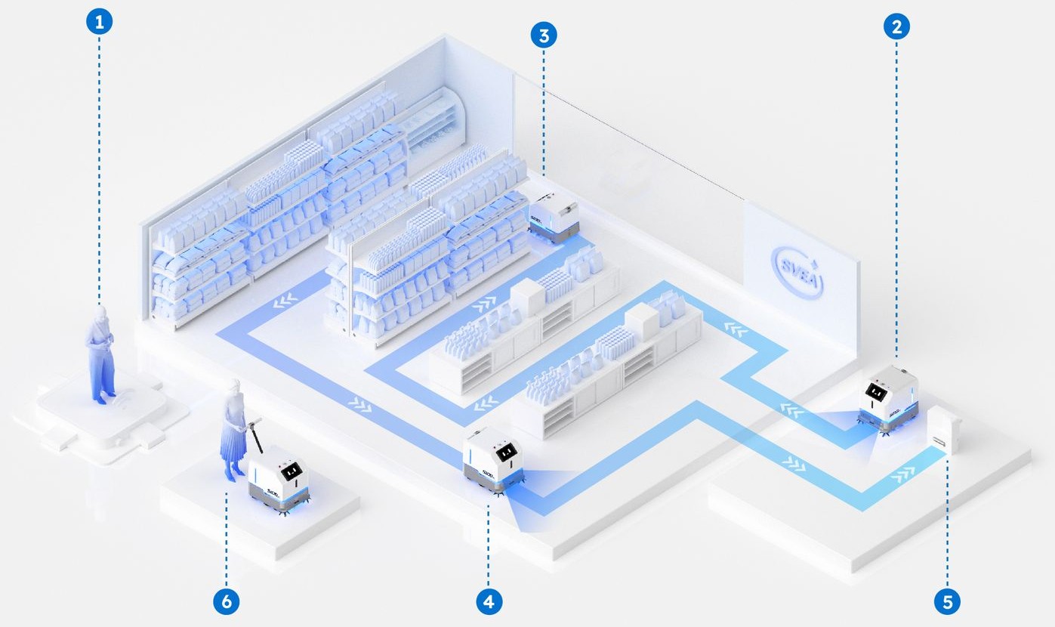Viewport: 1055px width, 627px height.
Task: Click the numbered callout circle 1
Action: pos(98,22)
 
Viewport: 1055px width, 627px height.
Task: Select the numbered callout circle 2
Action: pos(896,26)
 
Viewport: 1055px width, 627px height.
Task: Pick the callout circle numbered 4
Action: pos(489,601)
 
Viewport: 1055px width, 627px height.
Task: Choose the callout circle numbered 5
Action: pos(947,601)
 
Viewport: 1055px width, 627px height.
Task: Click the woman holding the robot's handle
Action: pos(232,430)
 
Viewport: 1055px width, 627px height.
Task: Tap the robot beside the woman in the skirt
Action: pos(280,480)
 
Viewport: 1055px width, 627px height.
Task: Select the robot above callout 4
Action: pos(493,460)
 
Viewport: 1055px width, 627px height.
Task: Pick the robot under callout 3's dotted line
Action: pos(551,218)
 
